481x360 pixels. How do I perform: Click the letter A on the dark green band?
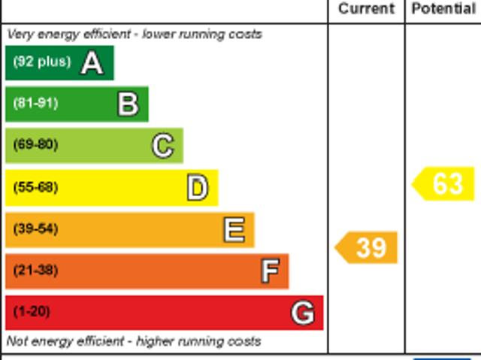point(92,63)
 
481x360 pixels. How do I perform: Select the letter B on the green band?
point(128,104)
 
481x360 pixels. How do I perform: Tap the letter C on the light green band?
point(162,146)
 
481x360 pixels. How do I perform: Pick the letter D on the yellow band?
point(197,188)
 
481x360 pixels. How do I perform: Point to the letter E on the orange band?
point(234,230)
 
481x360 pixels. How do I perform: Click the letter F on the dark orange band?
point(269,271)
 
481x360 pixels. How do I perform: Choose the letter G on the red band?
point(302,313)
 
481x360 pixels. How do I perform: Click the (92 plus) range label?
point(41,62)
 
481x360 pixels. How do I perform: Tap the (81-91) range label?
point(35,104)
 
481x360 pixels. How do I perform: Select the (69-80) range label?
point(35,145)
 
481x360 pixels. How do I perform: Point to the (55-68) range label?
point(35,187)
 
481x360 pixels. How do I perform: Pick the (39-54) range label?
point(35,229)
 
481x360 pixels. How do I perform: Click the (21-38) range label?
point(35,271)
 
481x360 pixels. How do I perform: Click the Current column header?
point(366,9)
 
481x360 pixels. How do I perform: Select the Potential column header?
point(443,9)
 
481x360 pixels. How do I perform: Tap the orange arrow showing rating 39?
point(367,248)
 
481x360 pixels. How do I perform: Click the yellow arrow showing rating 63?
point(444,184)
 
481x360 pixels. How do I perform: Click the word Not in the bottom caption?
point(17,341)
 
